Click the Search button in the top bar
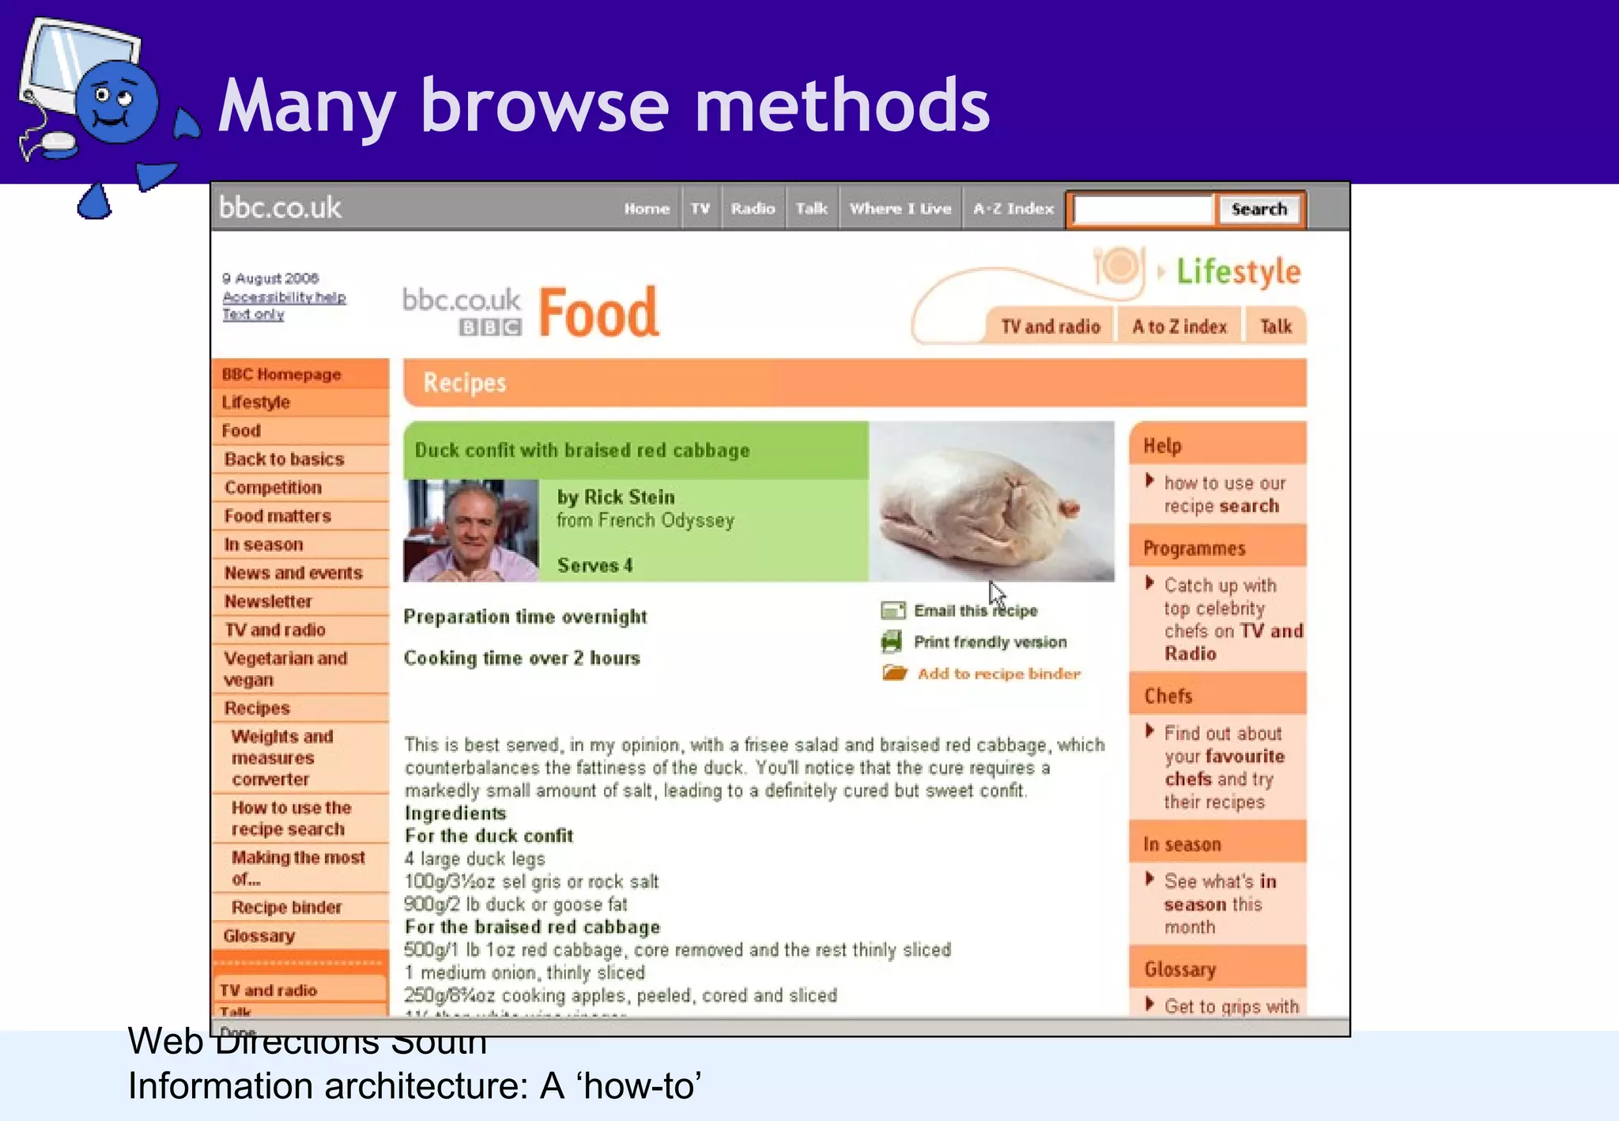pyautogui.click(x=1259, y=209)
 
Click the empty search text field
pyautogui.click(x=1142, y=209)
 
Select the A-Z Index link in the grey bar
pyautogui.click(x=1013, y=209)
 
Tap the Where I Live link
pyautogui.click(x=900, y=209)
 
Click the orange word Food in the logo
pyautogui.click(x=598, y=313)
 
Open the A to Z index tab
pyautogui.click(x=1179, y=326)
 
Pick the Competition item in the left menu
pyautogui.click(x=273, y=488)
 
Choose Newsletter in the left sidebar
pyautogui.click(x=268, y=602)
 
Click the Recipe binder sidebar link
pyautogui.click(x=286, y=908)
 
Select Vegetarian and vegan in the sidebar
pyautogui.click(x=285, y=669)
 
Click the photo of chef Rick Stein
pyautogui.click(x=471, y=531)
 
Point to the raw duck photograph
pyautogui.click(x=991, y=503)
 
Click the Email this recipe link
pyautogui.click(x=976, y=611)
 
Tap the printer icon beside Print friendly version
pyautogui.click(x=892, y=642)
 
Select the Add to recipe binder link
pyautogui.click(x=998, y=674)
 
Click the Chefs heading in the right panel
pyautogui.click(x=1168, y=696)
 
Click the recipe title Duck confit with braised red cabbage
pyautogui.click(x=582, y=451)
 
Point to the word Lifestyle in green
pyautogui.click(x=1238, y=272)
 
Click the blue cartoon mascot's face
pyautogui.click(x=115, y=103)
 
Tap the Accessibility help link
pyautogui.click(x=284, y=297)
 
